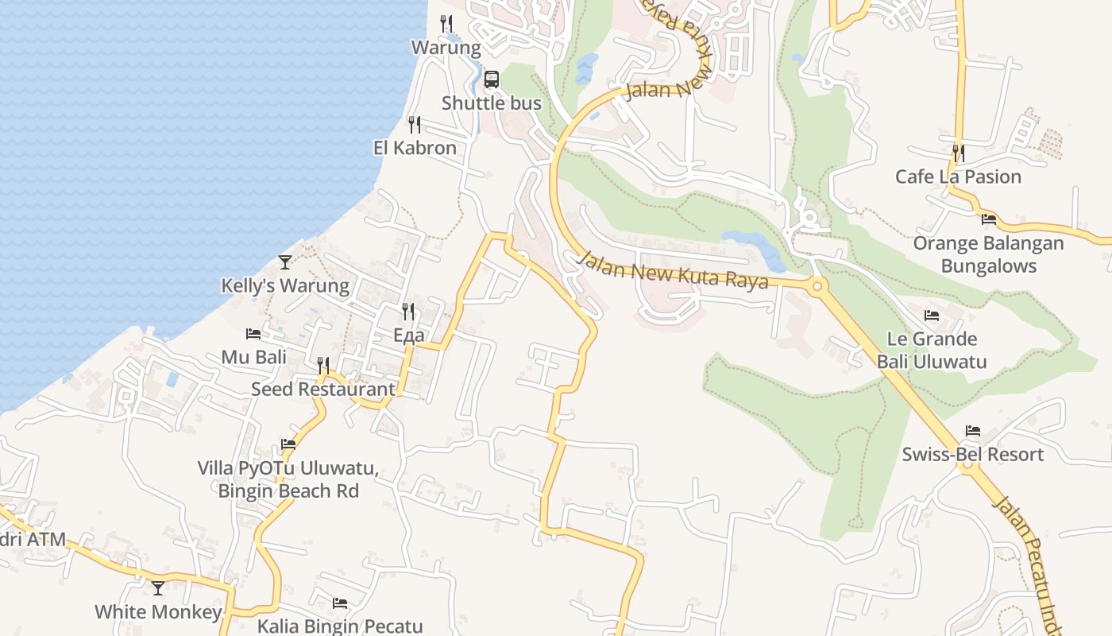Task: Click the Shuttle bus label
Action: tap(492, 103)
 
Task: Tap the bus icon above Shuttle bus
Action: tap(492, 79)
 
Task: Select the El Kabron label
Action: tap(415, 148)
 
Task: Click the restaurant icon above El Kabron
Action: tap(414, 124)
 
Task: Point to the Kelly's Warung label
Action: tap(285, 286)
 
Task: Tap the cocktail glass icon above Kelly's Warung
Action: tap(285, 262)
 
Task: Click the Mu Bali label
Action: tap(254, 358)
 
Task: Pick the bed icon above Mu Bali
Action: tap(253, 334)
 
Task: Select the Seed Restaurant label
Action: tap(322, 390)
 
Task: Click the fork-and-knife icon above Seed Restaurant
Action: tap(323, 365)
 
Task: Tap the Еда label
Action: tap(409, 335)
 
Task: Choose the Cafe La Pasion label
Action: tap(958, 176)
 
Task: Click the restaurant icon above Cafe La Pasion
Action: tap(959, 152)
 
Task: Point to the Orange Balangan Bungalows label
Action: tap(989, 254)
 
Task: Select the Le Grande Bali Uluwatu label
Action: tap(932, 351)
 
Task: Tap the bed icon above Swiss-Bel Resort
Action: tap(973, 431)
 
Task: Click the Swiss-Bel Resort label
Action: tap(973, 455)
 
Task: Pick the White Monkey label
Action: tap(158, 612)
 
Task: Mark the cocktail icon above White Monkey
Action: tap(158, 588)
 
